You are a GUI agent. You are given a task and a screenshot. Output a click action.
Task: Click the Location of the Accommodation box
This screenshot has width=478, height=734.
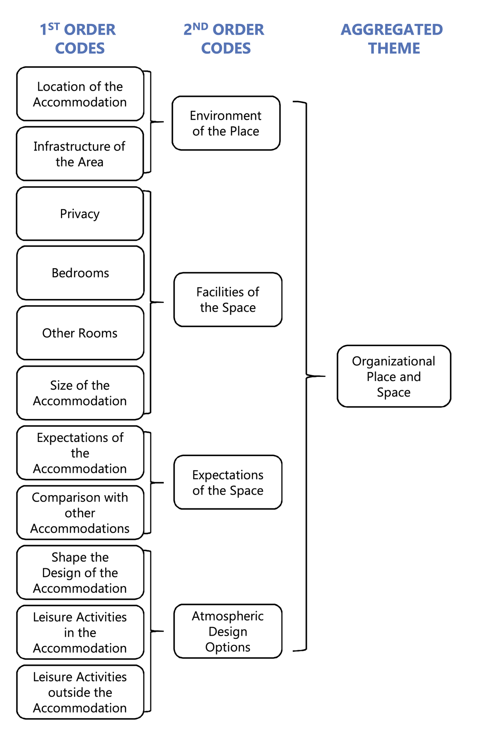coord(80,94)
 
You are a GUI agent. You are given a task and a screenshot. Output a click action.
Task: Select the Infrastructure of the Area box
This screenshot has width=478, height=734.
coord(80,154)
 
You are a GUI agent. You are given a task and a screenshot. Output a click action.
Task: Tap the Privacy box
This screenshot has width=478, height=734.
coord(80,214)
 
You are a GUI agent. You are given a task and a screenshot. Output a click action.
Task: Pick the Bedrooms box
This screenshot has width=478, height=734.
coord(80,273)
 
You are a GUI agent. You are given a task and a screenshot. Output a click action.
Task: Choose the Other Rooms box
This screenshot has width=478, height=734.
coord(80,333)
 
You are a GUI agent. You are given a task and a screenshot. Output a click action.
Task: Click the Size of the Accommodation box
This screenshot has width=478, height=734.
coord(80,393)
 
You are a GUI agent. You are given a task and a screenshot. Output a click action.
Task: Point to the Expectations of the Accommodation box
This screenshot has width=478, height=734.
coord(80,453)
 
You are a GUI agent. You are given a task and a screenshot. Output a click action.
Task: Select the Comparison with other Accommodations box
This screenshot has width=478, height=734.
coord(80,513)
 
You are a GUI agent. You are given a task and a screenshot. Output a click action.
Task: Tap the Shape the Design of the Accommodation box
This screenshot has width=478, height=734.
coord(80,572)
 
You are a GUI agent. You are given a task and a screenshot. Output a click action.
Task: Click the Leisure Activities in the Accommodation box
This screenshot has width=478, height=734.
coord(80,632)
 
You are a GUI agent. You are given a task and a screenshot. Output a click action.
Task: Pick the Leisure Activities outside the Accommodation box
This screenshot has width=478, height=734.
coord(80,692)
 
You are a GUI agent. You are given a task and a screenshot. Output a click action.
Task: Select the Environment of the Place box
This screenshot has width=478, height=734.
coord(226,123)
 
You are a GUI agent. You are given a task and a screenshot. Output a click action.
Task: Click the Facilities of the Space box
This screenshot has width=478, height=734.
coord(228,300)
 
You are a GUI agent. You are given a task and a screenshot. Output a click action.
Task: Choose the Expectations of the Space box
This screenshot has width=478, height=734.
coord(228,482)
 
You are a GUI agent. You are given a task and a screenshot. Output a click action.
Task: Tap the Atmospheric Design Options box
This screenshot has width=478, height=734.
coord(228,631)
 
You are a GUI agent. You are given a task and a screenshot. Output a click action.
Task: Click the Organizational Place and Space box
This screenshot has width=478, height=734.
coord(394,376)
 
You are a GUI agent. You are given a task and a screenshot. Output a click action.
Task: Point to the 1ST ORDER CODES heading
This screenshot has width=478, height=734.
coord(78,39)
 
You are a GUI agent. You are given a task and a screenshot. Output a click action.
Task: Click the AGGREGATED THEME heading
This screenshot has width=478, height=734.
coord(392,39)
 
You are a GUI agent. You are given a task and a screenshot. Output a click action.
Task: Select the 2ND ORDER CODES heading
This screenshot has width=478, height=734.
coord(225,39)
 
